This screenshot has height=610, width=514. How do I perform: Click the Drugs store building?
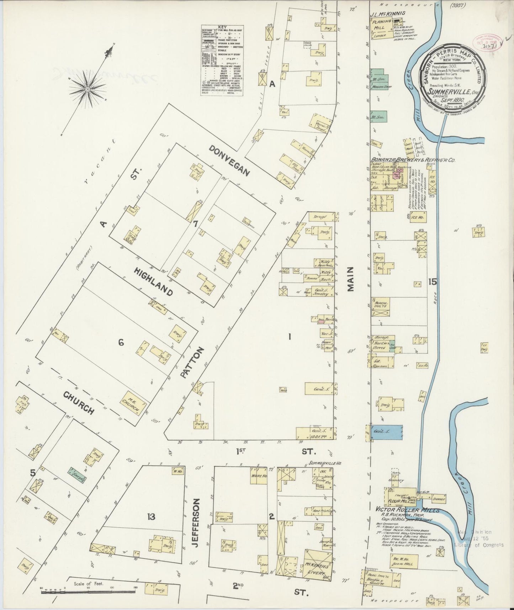pos(320,216)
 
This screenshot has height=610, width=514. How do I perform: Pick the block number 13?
pos(152,516)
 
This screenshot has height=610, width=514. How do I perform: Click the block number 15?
pos(433,282)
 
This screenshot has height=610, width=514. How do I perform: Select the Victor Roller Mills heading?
pos(407,510)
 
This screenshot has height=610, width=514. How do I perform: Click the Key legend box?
pos(222,61)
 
